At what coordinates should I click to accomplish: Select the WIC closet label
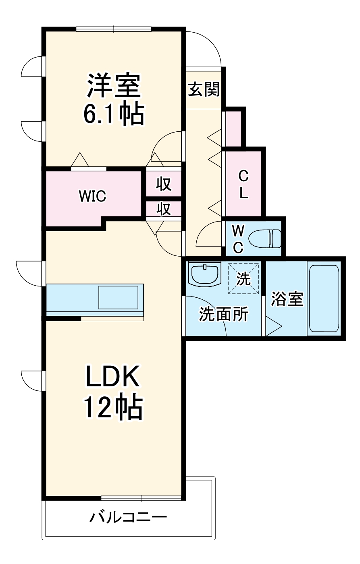92,196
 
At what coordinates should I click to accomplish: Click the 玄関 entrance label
204,89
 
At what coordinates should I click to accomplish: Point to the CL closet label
243,185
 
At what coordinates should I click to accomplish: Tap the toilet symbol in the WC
264,238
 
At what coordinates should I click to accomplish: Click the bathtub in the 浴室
323,298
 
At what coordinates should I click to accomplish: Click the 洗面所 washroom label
224,314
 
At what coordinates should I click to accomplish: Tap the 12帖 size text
113,408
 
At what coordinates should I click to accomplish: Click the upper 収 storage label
164,184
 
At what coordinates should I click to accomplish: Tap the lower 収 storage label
164,209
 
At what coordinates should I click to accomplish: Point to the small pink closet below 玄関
233,129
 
